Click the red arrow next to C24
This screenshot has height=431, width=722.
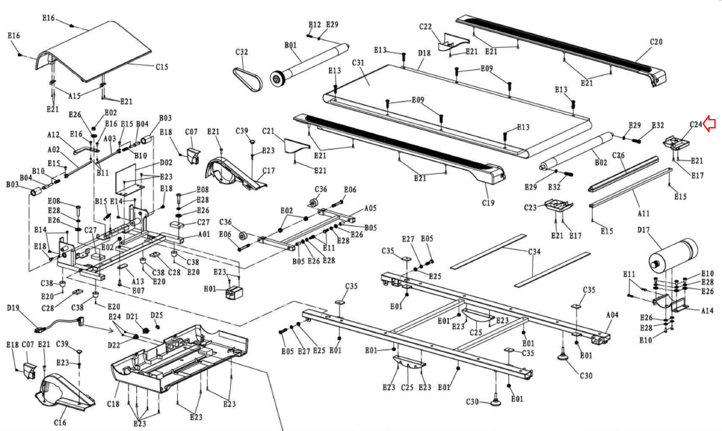[x=710, y=124]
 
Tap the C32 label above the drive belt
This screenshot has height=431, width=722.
[x=241, y=52]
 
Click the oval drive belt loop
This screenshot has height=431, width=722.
[x=248, y=79]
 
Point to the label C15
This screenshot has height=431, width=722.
[x=162, y=67]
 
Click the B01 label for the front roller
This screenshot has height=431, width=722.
[x=291, y=46]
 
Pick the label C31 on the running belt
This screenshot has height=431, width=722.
[x=358, y=63]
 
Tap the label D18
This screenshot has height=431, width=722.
[x=424, y=53]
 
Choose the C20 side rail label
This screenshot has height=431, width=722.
[x=656, y=42]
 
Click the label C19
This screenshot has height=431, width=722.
[x=488, y=203]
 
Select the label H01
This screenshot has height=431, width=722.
[x=210, y=289]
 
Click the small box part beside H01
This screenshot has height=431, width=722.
[x=234, y=292]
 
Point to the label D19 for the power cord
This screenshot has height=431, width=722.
[x=13, y=308]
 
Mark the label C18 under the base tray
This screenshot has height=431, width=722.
[x=113, y=404]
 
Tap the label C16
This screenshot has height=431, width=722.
[x=60, y=422]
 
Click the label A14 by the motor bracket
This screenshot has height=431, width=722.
[x=707, y=311]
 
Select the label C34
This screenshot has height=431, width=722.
[x=534, y=252]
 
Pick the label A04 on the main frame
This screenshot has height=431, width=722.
[x=612, y=315]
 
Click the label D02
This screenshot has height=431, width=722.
[x=166, y=162]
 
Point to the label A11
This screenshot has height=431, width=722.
[x=643, y=213]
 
